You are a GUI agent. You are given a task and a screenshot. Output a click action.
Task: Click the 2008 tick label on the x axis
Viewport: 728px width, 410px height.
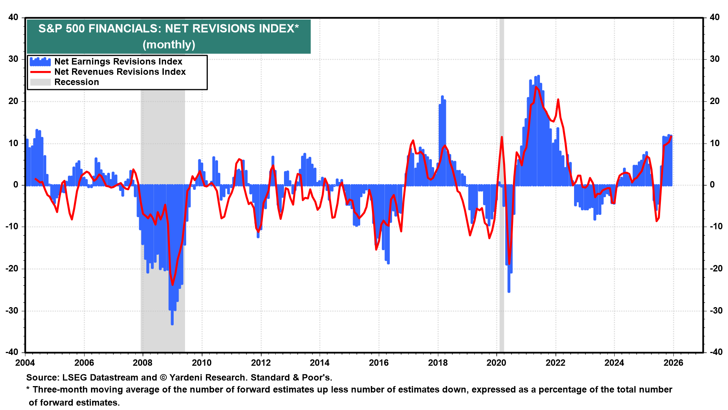point(143,363)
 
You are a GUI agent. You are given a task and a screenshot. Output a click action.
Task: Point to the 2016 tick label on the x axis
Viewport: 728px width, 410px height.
point(378,363)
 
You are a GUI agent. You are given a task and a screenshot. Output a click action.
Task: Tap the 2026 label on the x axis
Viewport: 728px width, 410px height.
point(673,363)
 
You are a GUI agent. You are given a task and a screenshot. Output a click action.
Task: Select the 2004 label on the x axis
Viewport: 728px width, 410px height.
point(25,363)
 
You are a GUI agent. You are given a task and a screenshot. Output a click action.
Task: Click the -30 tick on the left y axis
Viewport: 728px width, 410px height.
point(13,311)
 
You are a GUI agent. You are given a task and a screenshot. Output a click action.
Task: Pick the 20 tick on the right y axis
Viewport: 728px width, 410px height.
point(714,101)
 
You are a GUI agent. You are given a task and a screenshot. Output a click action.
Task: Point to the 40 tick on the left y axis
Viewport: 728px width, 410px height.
point(14,17)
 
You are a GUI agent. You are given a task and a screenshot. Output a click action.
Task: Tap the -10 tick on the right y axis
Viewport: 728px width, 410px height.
point(714,227)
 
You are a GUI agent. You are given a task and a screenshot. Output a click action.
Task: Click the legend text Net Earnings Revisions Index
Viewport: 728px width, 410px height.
point(118,61)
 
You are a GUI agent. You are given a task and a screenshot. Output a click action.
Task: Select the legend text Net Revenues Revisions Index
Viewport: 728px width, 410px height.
point(120,72)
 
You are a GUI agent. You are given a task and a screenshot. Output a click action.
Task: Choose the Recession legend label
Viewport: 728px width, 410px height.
point(77,82)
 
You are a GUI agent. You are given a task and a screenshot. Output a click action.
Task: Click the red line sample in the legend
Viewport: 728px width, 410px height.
point(40,72)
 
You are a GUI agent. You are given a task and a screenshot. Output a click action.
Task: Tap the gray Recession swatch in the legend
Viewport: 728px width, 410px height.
point(40,82)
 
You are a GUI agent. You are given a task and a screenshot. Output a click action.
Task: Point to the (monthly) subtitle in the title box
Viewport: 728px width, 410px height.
point(169,45)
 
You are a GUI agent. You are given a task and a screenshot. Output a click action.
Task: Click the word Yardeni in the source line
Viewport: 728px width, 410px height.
point(187,378)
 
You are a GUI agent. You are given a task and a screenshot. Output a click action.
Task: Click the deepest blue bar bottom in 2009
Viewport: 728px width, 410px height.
point(172,324)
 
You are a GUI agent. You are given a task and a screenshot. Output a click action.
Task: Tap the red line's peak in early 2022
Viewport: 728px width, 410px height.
point(558,100)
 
